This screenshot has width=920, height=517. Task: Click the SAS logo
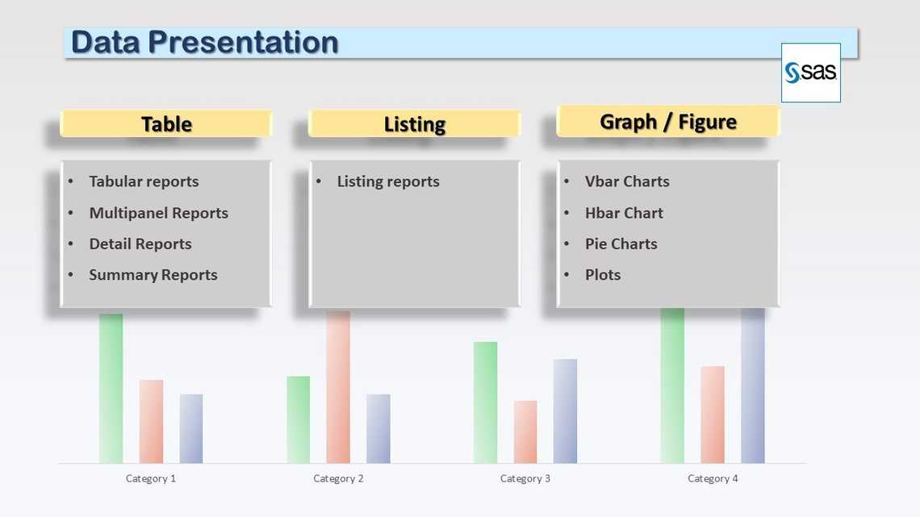pyautogui.click(x=810, y=73)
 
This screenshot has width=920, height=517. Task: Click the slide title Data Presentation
pyautogui.click(x=204, y=43)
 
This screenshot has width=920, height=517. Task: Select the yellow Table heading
pyautogui.click(x=166, y=124)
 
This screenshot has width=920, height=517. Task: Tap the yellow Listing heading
pyautogui.click(x=415, y=124)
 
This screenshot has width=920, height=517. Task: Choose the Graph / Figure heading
pyautogui.click(x=668, y=122)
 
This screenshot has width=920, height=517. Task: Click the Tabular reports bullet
pyautogui.click(x=144, y=181)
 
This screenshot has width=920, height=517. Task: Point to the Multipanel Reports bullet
pyautogui.click(x=158, y=213)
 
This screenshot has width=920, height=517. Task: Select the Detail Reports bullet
pyautogui.click(x=140, y=244)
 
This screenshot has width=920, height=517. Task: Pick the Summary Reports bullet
pyautogui.click(x=153, y=275)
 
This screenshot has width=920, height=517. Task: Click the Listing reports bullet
pyautogui.click(x=388, y=181)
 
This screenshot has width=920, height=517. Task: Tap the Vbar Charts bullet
pyautogui.click(x=627, y=181)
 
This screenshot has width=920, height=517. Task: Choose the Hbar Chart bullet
pyautogui.click(x=624, y=213)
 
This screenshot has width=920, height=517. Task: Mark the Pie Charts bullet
pyautogui.click(x=621, y=244)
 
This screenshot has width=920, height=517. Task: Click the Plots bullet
pyautogui.click(x=603, y=275)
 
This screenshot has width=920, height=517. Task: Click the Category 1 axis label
pyautogui.click(x=151, y=478)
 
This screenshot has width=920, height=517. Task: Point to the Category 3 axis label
pyautogui.click(x=525, y=478)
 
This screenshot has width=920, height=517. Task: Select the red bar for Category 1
pyautogui.click(x=151, y=421)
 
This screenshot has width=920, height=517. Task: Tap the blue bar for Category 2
pyautogui.click(x=378, y=428)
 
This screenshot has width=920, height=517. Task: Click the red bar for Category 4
pyautogui.click(x=713, y=415)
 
